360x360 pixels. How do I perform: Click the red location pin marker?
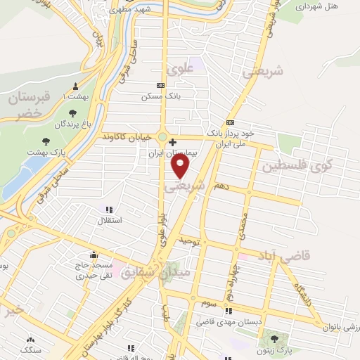181,165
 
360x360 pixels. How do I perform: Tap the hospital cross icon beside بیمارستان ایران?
173,141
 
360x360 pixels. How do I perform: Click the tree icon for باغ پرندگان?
73,112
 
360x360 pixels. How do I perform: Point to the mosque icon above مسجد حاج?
94,255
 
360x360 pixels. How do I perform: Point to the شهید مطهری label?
134,11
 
